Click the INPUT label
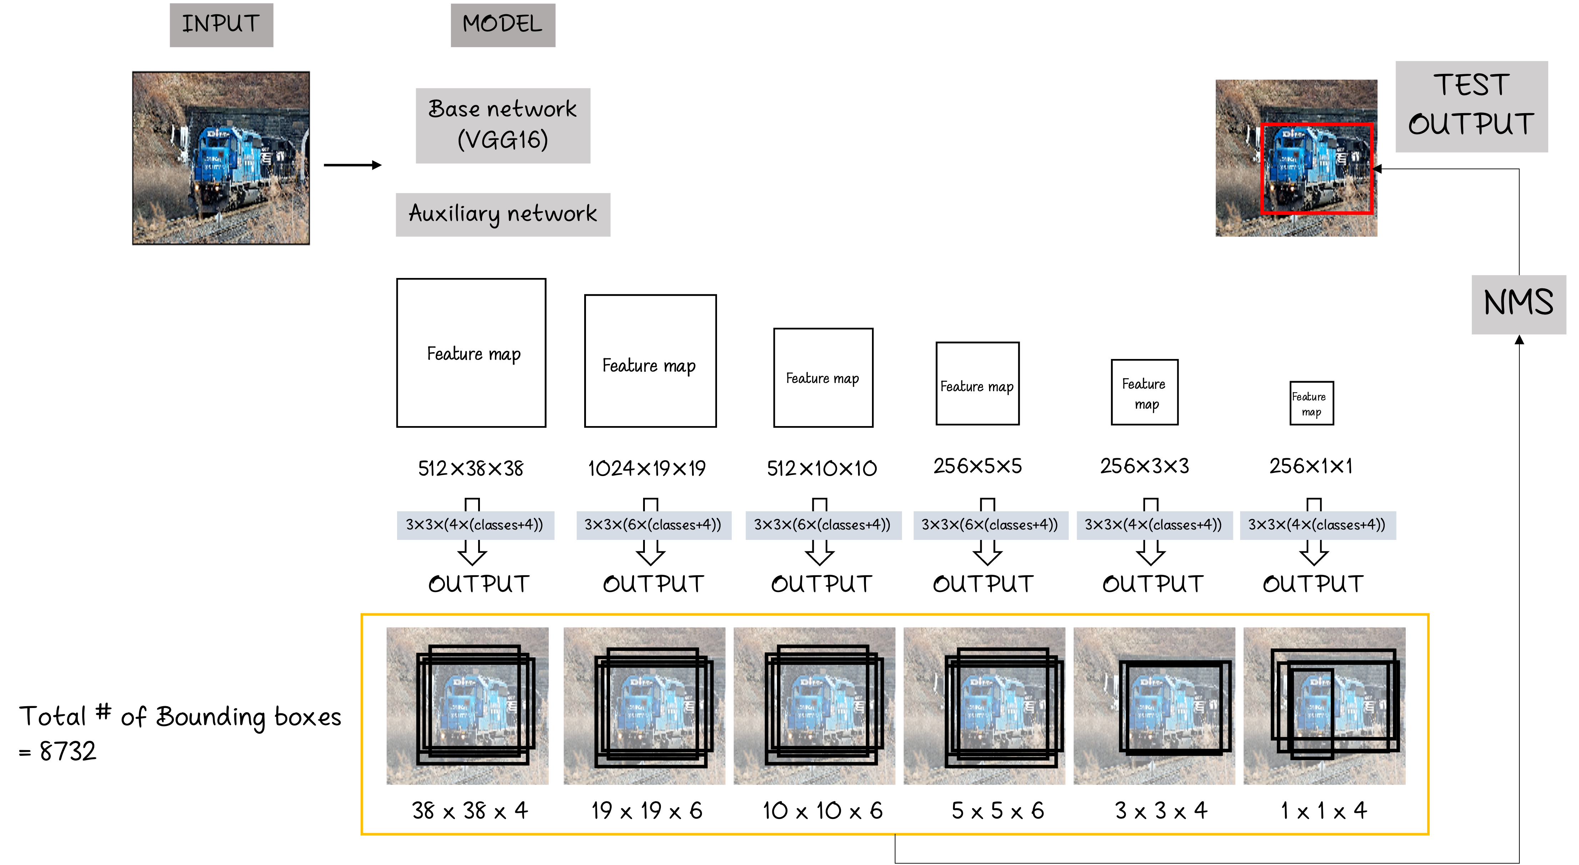(221, 25)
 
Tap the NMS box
(1518, 304)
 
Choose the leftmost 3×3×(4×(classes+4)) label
(475, 525)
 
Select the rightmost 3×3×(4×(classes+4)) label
(1317, 525)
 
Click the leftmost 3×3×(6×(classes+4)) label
(653, 525)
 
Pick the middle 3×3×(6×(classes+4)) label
(823, 525)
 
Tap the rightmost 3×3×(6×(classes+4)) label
(990, 525)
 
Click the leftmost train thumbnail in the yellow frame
(467, 706)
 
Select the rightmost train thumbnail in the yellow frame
(1324, 706)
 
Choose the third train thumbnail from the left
(814, 706)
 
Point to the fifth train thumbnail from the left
(1154, 706)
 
